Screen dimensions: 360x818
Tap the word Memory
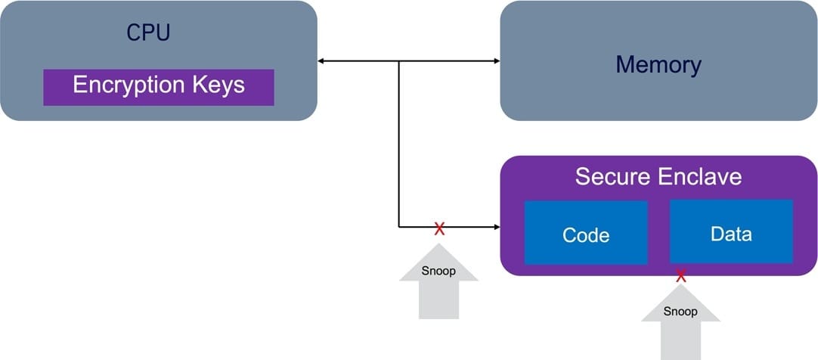click(x=658, y=64)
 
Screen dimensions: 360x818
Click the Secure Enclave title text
click(x=658, y=176)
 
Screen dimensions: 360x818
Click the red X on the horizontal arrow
click(x=439, y=228)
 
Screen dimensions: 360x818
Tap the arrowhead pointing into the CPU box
click(x=322, y=61)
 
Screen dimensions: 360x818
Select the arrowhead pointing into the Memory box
click(x=496, y=61)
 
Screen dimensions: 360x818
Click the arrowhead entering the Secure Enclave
click(x=496, y=226)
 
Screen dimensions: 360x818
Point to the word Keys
click(x=218, y=85)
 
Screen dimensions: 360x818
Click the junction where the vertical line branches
click(x=399, y=61)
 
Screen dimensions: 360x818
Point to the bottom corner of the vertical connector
click(x=399, y=226)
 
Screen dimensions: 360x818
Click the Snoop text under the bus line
click(x=438, y=271)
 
